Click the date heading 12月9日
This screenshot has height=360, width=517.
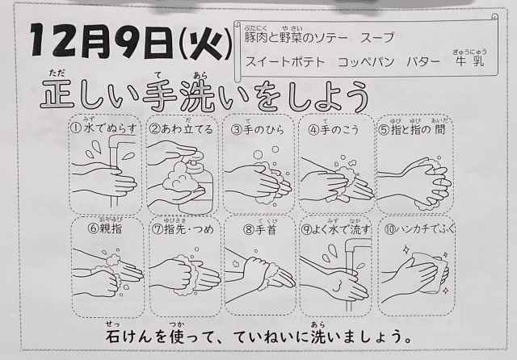click(x=101, y=41)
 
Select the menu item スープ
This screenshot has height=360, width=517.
click(x=377, y=38)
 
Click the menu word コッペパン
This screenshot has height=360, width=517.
click(x=366, y=61)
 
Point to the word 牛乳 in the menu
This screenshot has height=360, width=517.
click(x=470, y=61)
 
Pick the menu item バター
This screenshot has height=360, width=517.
click(x=423, y=61)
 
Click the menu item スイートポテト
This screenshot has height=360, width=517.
click(x=285, y=61)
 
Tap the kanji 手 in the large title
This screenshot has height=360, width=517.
click(x=160, y=94)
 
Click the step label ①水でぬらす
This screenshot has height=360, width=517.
click(x=103, y=128)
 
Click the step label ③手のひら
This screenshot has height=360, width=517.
click(x=258, y=130)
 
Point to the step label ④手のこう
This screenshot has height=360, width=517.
click(x=334, y=130)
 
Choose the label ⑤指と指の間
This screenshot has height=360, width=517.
click(x=412, y=129)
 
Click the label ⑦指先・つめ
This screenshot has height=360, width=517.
click(x=183, y=229)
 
